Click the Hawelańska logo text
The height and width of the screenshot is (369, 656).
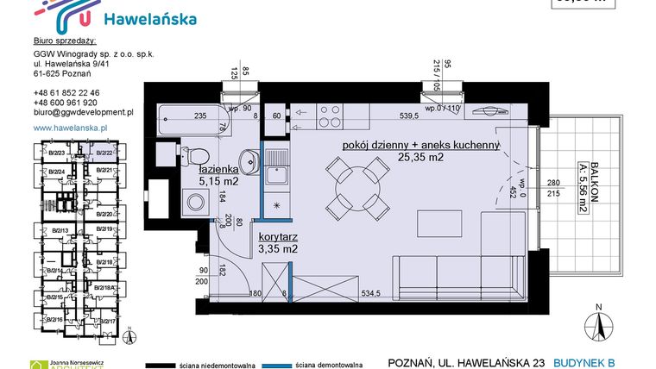tap(149, 18)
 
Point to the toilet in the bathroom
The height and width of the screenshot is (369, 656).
tap(196, 156)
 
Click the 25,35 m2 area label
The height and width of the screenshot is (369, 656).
tap(421, 158)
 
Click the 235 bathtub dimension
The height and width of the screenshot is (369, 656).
tap(199, 116)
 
